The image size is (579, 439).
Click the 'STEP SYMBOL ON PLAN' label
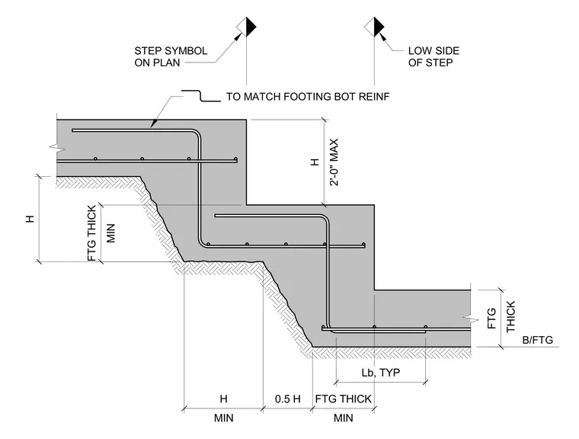171,56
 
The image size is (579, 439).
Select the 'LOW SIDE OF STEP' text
433,56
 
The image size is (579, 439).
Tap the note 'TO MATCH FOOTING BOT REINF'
308,97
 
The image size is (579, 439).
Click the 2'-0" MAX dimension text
334,162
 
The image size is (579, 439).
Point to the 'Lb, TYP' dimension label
381,372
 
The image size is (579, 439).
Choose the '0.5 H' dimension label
288,399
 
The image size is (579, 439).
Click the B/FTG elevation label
538,340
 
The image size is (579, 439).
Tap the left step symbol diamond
246,27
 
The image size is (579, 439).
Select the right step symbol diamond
374,27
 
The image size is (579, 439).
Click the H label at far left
30,218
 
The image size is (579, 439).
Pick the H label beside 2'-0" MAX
315,162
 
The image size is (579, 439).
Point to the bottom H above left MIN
223,399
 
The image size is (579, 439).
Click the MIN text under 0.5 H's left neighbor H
223,418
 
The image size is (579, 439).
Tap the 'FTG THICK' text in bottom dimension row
343,399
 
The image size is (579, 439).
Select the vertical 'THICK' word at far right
510,316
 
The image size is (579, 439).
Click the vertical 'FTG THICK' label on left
92,232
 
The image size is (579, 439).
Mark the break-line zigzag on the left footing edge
56,148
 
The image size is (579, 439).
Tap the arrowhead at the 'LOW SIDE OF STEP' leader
382,37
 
